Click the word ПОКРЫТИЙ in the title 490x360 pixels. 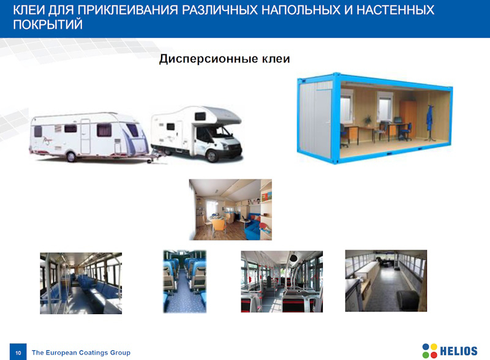(x=48, y=24)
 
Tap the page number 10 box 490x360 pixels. (x=18, y=352)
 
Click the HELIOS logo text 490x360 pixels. (x=458, y=351)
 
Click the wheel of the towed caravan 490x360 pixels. (x=71, y=156)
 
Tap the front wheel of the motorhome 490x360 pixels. (x=213, y=156)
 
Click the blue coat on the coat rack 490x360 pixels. (x=430, y=118)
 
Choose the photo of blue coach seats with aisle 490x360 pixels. (x=185, y=282)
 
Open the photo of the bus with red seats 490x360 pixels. (x=282, y=282)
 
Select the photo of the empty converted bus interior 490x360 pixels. (x=386, y=280)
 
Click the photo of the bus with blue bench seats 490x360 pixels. (x=81, y=283)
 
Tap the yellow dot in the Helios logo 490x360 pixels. (x=434, y=347)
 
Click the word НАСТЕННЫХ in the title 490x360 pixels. (x=395, y=10)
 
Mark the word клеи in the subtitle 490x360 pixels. (x=276, y=59)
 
